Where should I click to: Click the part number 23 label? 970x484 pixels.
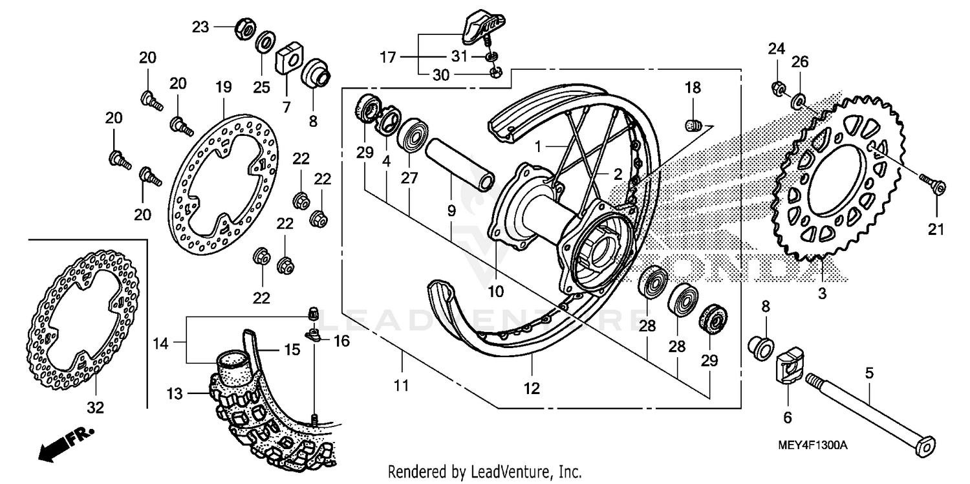pos(200,27)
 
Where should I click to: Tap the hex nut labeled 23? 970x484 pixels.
pos(244,29)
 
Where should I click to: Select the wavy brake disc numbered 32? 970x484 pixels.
pos(83,320)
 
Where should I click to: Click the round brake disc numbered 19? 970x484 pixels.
pos(224,184)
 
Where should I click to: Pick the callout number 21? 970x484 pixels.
pos(936,229)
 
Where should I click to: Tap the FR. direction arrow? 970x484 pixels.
pos(65,444)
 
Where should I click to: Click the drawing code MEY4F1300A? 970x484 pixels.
pos(812,445)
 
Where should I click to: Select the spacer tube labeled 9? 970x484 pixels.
pos(459,164)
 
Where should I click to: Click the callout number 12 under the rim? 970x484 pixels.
pos(532,389)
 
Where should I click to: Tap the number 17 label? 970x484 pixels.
pos(388,57)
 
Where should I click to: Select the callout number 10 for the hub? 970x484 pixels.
pos(496,292)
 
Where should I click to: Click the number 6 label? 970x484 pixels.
pos(788,418)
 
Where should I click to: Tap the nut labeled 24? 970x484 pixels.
pos(778,88)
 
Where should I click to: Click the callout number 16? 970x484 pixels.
pos(341,341)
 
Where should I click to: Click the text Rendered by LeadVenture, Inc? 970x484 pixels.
pos(484,472)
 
